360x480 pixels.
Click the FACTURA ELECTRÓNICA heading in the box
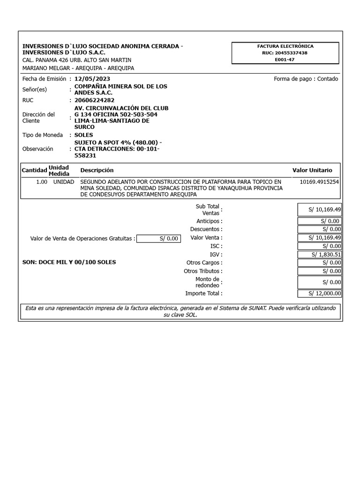pyautogui.click(x=285, y=46)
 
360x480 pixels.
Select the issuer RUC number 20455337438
pyautogui.click(x=285, y=53)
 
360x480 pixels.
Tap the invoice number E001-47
pyautogui.click(x=285, y=60)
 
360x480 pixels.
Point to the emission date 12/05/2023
pyautogui.click(x=92, y=79)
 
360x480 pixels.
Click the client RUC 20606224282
pyautogui.click(x=94, y=100)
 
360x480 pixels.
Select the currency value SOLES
pyautogui.click(x=84, y=135)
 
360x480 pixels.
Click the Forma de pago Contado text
pyautogui.click(x=306, y=79)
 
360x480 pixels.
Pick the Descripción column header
pyautogui.click(x=97, y=170)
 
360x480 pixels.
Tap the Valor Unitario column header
pyautogui.click(x=312, y=170)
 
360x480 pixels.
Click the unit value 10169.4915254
pyautogui.click(x=319, y=182)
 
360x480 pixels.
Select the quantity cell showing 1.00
pyautogui.click(x=42, y=182)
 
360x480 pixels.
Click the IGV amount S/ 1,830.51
pyautogui.click(x=320, y=255)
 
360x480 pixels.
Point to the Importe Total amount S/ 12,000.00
pyautogui.click(x=320, y=293)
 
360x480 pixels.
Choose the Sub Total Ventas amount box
pyautogui.click(x=320, y=210)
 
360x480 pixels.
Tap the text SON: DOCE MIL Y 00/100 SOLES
pyautogui.click(x=69, y=262)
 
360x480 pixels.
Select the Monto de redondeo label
pyautogui.click(x=207, y=282)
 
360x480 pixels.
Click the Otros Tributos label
pyautogui.click(x=203, y=271)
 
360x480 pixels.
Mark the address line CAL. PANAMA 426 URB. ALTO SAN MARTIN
pyautogui.click(x=77, y=60)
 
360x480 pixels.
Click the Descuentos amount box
pyautogui.click(x=320, y=229)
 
